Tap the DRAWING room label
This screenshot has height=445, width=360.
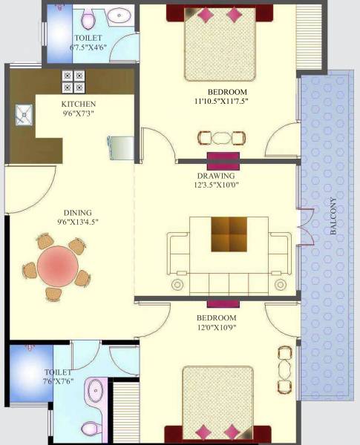point(216,176)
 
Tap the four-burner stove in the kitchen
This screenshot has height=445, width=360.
point(73,80)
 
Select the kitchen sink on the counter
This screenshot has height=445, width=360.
point(24,114)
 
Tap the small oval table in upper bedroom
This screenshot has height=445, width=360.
point(221,137)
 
